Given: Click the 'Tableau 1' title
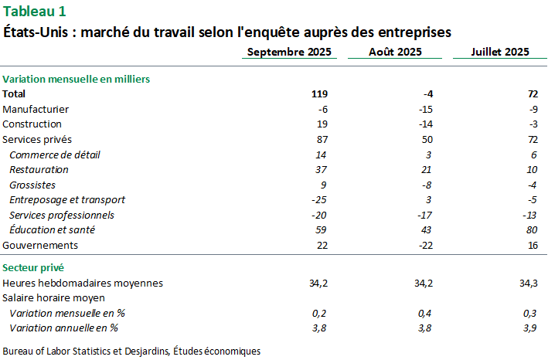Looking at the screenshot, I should pos(35,11).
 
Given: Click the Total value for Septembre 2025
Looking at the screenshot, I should pos(320,93).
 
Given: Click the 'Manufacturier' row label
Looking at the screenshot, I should pos(36,109).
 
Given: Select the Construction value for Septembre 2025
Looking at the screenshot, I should pos(323,124).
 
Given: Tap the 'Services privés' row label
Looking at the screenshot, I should pos(37,139).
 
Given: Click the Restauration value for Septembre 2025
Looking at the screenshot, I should pos(322,169).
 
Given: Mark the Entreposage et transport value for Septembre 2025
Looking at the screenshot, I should pos(320,199).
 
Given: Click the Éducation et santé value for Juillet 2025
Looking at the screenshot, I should pos(531,229).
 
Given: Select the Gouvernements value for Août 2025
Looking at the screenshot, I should pos(425,245).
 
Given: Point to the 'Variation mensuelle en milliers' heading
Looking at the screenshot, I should pos(76,79).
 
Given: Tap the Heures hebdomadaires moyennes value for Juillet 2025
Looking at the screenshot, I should pos(529,283).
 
